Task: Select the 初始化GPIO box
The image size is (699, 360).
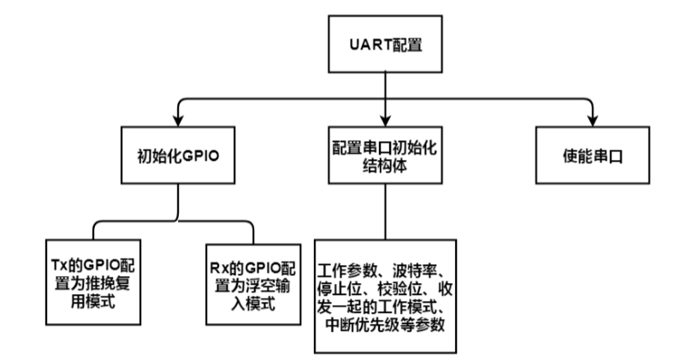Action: [177, 156]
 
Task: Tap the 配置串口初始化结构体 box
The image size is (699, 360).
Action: [385, 156]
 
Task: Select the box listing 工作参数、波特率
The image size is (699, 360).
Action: [384, 295]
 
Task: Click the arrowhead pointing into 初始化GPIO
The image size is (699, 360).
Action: [177, 121]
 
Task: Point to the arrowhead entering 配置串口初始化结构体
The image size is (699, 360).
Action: [385, 121]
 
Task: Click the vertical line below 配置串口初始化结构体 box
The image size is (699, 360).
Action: [385, 210]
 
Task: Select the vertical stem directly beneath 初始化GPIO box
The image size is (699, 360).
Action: [177, 203]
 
